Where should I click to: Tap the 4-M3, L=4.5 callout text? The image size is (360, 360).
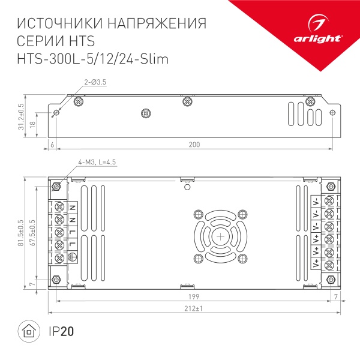click(98, 162)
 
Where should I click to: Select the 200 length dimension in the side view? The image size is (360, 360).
click(194, 145)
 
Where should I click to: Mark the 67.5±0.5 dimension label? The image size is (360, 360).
click(34, 229)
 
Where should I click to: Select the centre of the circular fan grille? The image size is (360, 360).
click(220, 236)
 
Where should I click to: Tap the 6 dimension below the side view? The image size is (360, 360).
click(53, 145)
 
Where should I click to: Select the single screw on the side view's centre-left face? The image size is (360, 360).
click(144, 112)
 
